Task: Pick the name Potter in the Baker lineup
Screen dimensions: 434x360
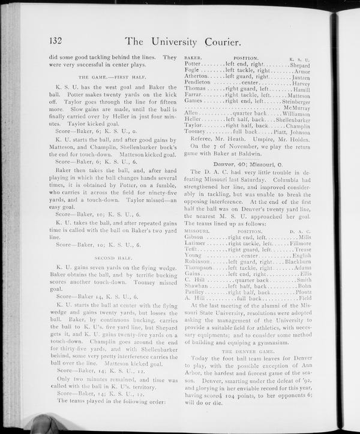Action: (194, 64)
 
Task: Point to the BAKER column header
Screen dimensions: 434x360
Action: (193, 57)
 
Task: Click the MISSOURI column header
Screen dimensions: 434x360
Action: (196, 230)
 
